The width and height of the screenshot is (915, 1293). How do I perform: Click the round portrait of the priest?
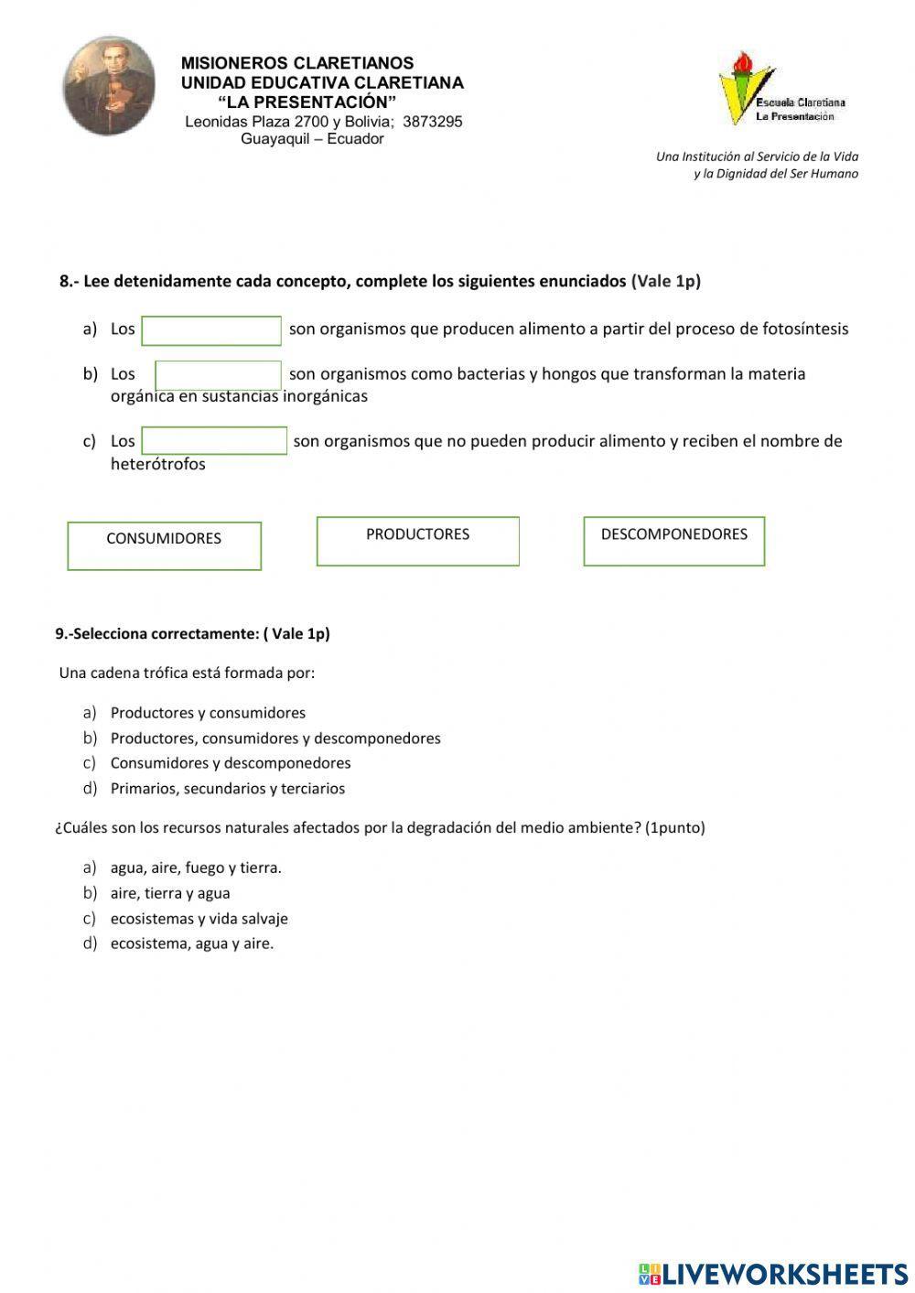[109, 86]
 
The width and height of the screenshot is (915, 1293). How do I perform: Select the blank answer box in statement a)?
[211, 330]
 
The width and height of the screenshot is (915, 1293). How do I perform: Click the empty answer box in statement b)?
[218, 375]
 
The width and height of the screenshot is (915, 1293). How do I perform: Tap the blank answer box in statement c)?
[214, 440]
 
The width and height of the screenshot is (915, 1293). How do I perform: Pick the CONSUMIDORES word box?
[164, 545]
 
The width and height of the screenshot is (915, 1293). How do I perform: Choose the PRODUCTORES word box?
[417, 541]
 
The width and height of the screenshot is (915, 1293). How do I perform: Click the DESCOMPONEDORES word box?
[673, 541]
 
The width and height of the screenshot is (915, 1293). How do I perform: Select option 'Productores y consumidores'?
[208, 713]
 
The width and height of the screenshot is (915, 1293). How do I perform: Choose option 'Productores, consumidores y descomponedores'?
[274, 738]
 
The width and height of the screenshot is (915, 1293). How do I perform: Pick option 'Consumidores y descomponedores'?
[230, 763]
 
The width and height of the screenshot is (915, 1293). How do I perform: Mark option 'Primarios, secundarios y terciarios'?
[227, 789]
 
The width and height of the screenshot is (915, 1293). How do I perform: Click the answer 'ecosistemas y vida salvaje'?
[199, 919]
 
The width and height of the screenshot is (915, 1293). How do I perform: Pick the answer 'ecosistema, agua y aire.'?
[191, 943]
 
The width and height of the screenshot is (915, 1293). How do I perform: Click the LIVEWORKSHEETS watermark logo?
[772, 1274]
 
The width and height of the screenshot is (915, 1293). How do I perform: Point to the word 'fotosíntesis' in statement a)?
[805, 329]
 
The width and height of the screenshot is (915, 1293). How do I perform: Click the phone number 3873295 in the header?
[432, 122]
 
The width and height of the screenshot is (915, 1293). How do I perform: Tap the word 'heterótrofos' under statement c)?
[157, 464]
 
